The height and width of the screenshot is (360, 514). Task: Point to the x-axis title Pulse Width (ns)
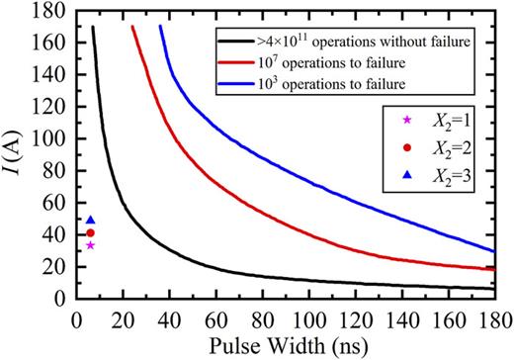tap(287, 346)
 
